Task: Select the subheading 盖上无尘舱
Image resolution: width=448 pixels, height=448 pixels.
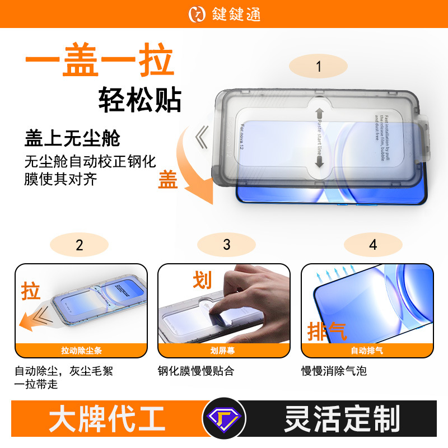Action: [x=72, y=138]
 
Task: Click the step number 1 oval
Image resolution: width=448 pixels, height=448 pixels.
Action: [x=319, y=67]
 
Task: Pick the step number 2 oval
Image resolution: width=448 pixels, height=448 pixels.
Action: [x=79, y=245]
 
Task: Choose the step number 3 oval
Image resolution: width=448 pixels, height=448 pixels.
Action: [x=226, y=245]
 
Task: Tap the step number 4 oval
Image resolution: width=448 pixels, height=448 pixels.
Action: [x=373, y=245]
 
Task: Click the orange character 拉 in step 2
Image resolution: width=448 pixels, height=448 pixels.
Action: [x=31, y=291]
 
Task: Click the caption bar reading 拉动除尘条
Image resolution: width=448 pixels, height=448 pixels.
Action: [x=82, y=351]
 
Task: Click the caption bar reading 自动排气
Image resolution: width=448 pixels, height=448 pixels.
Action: [x=367, y=351]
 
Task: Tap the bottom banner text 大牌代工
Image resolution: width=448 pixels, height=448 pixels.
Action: [x=106, y=419]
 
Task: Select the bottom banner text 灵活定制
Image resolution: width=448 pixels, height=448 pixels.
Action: [x=342, y=419]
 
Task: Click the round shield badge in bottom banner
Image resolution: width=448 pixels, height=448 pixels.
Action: [x=223, y=419]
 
